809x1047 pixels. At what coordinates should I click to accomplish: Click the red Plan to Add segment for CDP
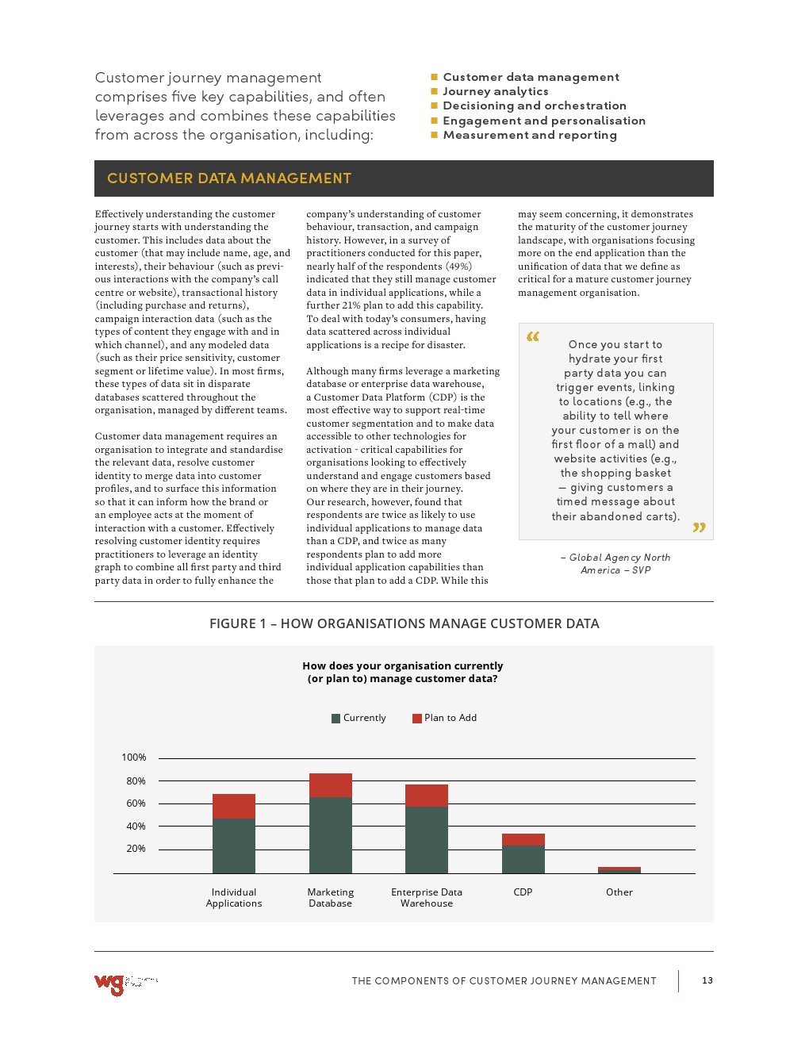pyautogui.click(x=523, y=839)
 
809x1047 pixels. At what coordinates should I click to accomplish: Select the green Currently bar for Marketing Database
pyautogui.click(x=330, y=834)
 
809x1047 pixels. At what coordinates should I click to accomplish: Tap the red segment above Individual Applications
pyautogui.click(x=234, y=806)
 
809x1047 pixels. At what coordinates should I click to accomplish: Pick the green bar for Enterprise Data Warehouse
pyautogui.click(x=427, y=839)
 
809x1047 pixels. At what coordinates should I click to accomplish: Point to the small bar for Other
pyautogui.click(x=619, y=870)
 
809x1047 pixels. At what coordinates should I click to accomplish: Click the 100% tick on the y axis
pyautogui.click(x=134, y=757)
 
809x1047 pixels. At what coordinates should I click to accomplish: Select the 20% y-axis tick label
pyautogui.click(x=136, y=849)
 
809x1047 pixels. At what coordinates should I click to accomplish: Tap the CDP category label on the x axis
pyautogui.click(x=523, y=892)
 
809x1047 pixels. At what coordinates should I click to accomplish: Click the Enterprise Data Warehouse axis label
pyautogui.click(x=427, y=898)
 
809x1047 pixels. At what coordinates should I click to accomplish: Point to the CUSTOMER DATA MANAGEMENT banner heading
pyautogui.click(x=229, y=178)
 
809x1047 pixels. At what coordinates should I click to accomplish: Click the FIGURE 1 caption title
pyautogui.click(x=404, y=623)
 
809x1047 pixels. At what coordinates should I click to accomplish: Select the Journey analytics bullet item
pyautogui.click(x=496, y=91)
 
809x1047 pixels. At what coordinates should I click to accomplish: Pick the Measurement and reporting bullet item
pyautogui.click(x=530, y=135)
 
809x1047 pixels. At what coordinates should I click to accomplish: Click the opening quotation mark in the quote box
pyautogui.click(x=533, y=336)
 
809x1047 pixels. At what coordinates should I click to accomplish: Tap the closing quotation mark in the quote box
pyautogui.click(x=699, y=527)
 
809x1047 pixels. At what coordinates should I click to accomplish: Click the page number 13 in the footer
pyautogui.click(x=707, y=980)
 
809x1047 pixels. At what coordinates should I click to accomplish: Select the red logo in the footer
pyautogui.click(x=109, y=984)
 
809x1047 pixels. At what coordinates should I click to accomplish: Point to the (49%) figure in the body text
pyautogui.click(x=458, y=267)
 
